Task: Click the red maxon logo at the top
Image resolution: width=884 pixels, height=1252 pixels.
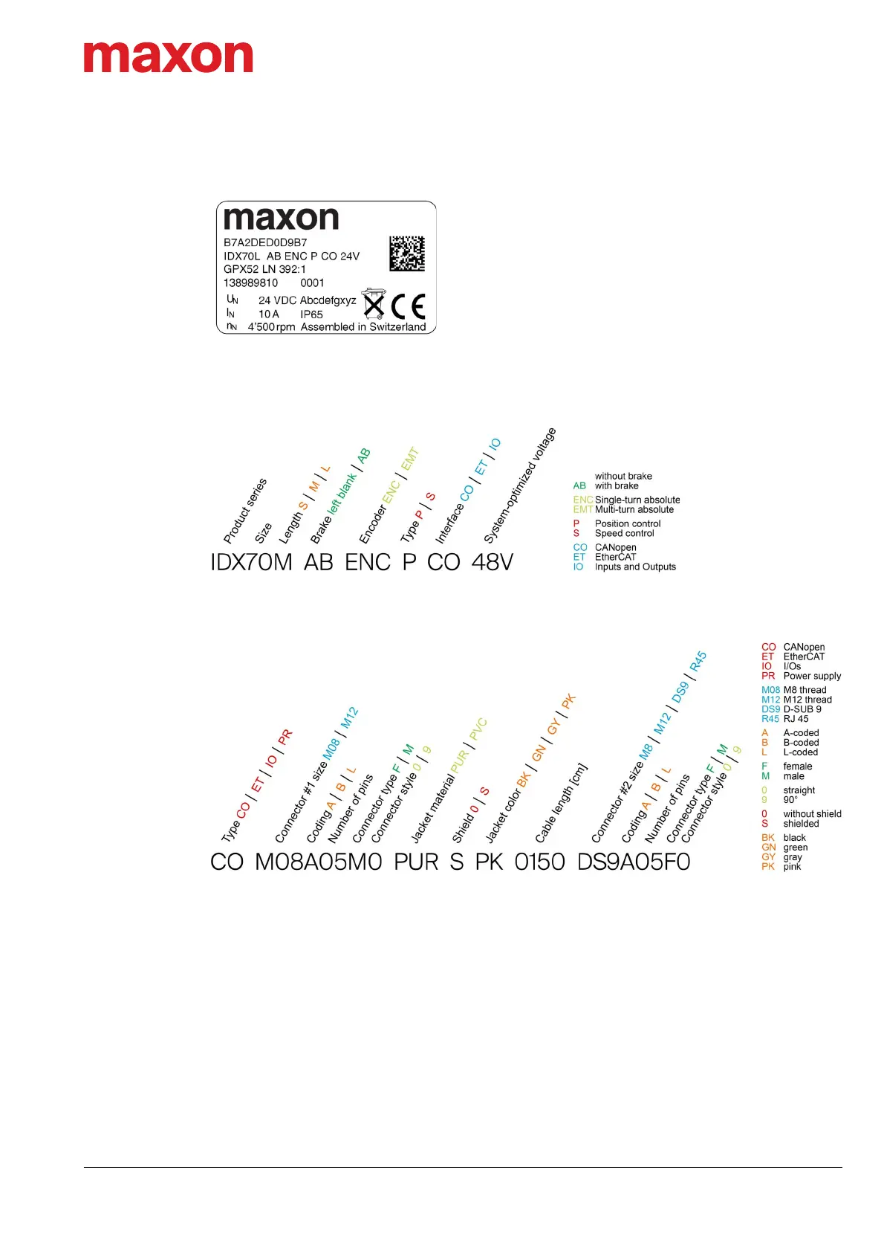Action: click(x=168, y=57)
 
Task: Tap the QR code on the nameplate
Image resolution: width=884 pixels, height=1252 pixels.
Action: click(x=407, y=254)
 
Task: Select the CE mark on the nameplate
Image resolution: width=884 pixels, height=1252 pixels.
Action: click(x=408, y=306)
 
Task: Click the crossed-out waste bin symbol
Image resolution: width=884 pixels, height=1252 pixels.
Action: click(x=373, y=304)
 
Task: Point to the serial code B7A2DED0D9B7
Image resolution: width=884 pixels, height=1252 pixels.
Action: click(x=265, y=242)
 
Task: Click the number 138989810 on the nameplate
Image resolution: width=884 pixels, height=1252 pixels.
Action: click(x=250, y=283)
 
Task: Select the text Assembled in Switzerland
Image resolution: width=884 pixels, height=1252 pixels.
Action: click(x=363, y=326)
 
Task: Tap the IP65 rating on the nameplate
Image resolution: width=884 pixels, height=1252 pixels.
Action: click(x=311, y=314)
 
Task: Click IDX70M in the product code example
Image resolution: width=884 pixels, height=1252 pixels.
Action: click(x=251, y=562)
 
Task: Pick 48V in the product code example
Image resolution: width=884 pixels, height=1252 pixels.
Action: click(x=492, y=562)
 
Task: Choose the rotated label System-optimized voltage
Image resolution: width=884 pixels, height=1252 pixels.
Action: click(x=519, y=485)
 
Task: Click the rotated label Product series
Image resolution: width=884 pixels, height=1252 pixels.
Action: click(x=244, y=512)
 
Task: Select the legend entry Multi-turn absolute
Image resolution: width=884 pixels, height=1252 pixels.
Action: click(x=634, y=509)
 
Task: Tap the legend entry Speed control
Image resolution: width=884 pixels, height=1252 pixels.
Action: click(x=624, y=533)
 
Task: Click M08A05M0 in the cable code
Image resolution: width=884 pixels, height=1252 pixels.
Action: click(x=318, y=862)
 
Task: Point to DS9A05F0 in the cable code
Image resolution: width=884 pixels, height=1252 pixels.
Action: click(x=634, y=862)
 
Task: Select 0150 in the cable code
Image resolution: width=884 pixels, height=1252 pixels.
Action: click(x=539, y=862)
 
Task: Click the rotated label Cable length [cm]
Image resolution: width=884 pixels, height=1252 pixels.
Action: click(x=561, y=803)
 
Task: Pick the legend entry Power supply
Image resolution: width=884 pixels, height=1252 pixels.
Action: click(x=812, y=676)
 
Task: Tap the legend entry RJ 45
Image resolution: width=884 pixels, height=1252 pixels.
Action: click(x=796, y=719)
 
